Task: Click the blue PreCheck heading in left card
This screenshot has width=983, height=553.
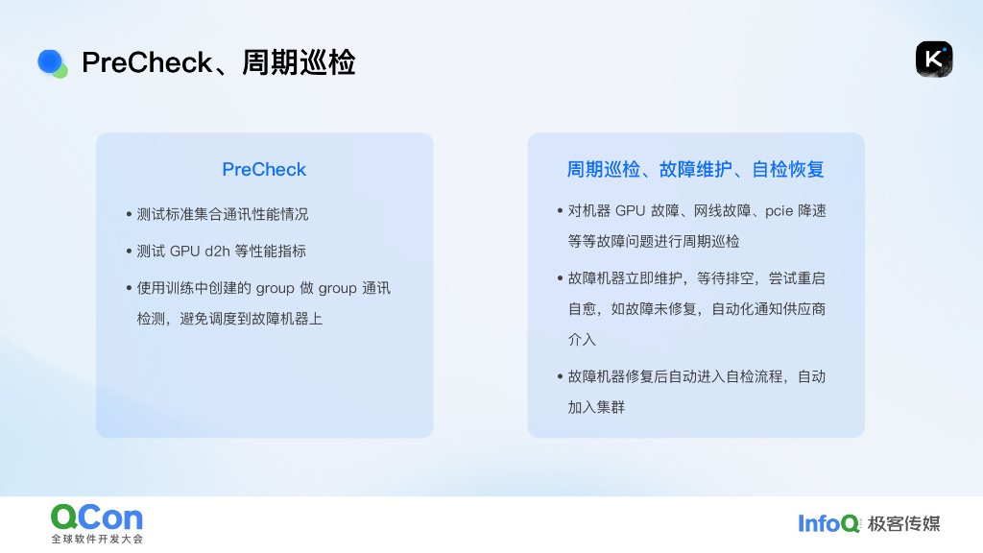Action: (x=264, y=170)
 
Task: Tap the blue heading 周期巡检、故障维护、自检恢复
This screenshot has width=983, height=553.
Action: (x=695, y=170)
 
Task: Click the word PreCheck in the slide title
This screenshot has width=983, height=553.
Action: (x=147, y=62)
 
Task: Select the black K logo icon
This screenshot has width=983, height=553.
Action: (x=933, y=60)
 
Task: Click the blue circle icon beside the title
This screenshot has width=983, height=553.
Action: (x=51, y=62)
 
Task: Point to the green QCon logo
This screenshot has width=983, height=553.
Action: (x=97, y=518)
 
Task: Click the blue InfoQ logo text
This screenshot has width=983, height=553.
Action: (x=828, y=523)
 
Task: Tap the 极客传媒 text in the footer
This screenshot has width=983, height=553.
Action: (x=903, y=523)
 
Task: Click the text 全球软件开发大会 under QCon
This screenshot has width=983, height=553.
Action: (x=97, y=540)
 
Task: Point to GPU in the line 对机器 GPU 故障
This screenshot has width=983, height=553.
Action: (x=630, y=211)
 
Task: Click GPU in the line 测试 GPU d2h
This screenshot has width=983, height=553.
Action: (x=185, y=252)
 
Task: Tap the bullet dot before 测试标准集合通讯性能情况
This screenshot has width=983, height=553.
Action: (x=129, y=214)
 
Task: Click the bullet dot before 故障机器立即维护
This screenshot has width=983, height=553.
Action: (x=560, y=278)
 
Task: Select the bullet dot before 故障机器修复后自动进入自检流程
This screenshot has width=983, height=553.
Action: (x=560, y=376)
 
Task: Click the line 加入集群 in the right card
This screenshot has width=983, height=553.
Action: (x=596, y=407)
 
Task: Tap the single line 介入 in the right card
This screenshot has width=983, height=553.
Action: (x=582, y=340)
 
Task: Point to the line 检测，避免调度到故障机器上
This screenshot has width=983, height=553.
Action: (x=229, y=319)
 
